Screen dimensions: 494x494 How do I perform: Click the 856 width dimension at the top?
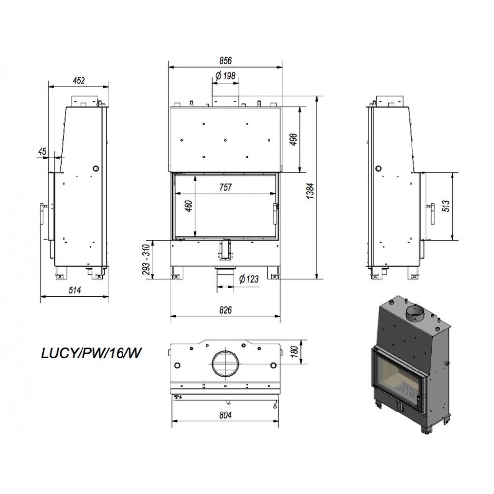point(225,60)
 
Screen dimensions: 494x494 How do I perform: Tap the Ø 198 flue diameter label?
point(226,76)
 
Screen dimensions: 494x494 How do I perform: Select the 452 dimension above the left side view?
point(79,81)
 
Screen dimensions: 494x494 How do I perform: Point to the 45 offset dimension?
point(42,151)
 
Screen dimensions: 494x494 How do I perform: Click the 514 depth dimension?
point(75,290)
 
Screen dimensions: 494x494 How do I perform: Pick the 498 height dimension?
point(294,140)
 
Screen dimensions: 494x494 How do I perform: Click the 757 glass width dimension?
point(226,187)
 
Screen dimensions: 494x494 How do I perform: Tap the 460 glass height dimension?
point(189,206)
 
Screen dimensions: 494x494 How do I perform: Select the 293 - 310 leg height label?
point(147,259)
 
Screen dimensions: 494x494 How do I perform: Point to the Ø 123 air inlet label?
point(248,279)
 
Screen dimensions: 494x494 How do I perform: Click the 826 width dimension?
point(226,310)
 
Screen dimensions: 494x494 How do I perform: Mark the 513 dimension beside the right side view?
point(447,206)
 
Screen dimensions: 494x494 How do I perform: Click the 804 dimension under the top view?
point(226,415)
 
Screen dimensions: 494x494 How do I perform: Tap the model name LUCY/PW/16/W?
point(91,354)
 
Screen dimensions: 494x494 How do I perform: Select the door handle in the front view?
point(275,213)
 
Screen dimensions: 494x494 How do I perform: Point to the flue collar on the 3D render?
point(415,313)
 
